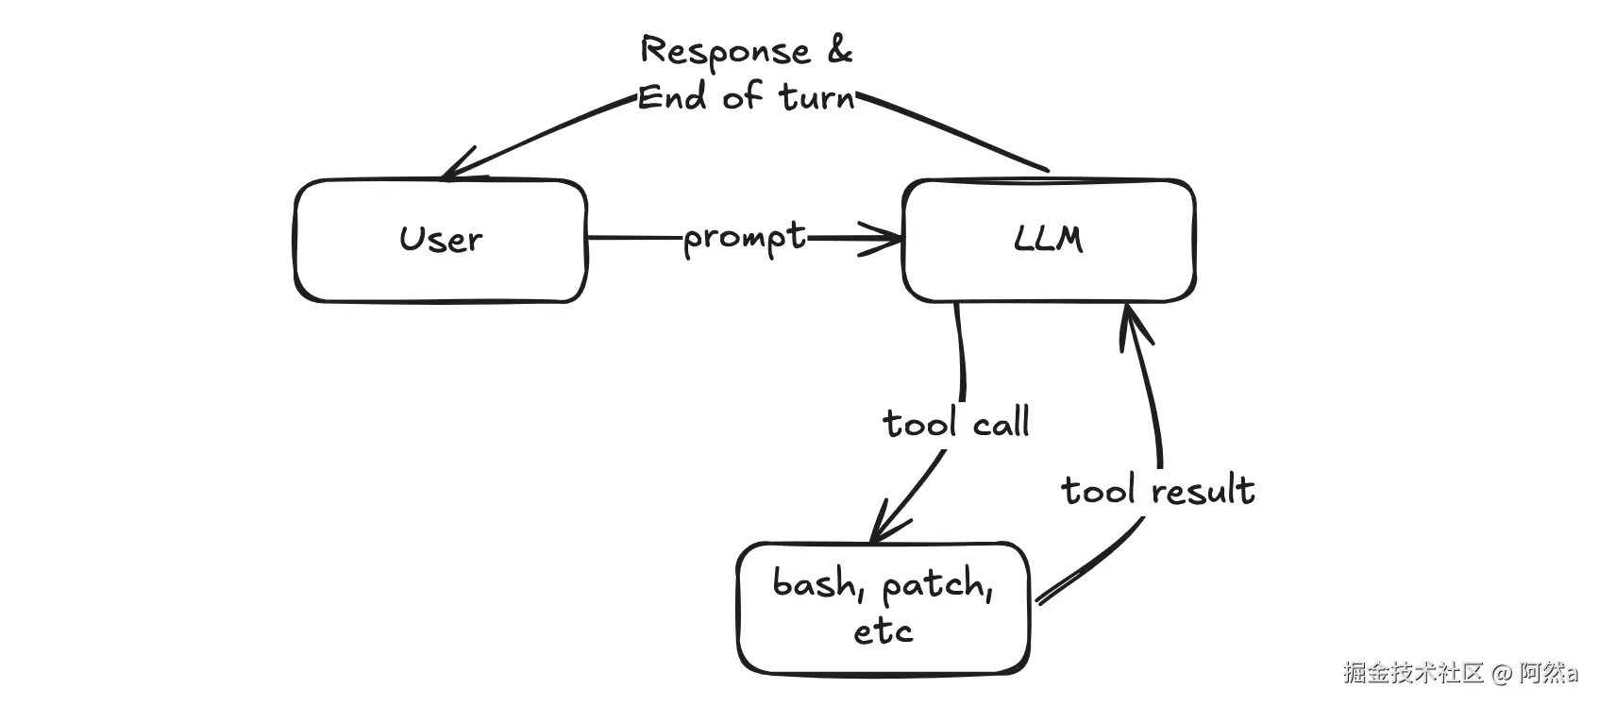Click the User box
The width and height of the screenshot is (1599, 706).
click(x=440, y=241)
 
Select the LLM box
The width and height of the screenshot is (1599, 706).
click(x=1048, y=241)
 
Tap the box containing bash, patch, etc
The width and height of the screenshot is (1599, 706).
click(x=883, y=607)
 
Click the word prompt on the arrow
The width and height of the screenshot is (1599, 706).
click(x=745, y=238)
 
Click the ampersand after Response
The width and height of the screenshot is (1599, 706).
click(x=839, y=50)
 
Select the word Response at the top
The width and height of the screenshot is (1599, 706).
click(x=725, y=52)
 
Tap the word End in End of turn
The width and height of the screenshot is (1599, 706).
click(x=671, y=97)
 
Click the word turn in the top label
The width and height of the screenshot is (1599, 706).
click(x=816, y=97)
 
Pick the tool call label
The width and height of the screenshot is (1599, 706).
click(x=955, y=423)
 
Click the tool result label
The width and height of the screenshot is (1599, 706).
click(x=1157, y=491)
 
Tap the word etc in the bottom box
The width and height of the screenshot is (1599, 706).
click(x=883, y=630)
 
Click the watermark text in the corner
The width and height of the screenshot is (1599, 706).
click(x=1459, y=673)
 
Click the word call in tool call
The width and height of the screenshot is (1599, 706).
click(x=1001, y=423)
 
